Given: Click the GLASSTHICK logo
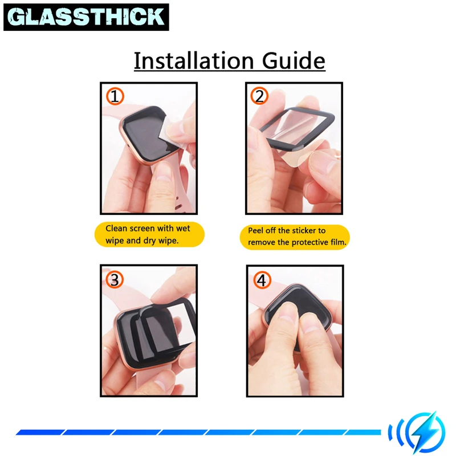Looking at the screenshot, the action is (x=86, y=17).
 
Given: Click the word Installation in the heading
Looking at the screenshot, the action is (x=194, y=60).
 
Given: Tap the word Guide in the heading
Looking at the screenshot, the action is (x=294, y=60).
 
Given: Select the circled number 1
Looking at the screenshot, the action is (x=115, y=96).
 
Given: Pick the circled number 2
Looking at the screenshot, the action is (x=259, y=96).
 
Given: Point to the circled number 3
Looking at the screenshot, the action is (x=115, y=279).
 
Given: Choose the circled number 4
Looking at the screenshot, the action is (x=262, y=280).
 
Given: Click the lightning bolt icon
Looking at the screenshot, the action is (x=425, y=433).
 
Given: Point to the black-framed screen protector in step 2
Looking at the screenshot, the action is (x=296, y=128).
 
